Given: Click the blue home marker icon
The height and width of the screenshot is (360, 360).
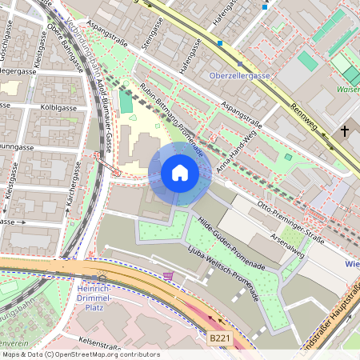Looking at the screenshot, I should (x=180, y=172).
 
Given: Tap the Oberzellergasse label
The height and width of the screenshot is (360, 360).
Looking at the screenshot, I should (x=239, y=75).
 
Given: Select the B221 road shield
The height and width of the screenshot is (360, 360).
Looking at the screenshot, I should (x=222, y=339).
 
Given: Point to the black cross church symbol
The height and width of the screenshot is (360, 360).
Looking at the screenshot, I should (x=345, y=130).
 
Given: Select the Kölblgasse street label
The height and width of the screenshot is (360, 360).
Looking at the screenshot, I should (x=57, y=106).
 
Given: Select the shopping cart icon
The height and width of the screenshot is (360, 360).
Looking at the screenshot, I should (x=168, y=276).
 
